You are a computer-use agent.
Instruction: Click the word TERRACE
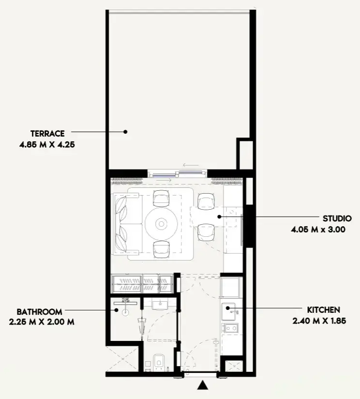click(x=47, y=134)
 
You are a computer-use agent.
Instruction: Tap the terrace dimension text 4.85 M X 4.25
click(x=47, y=145)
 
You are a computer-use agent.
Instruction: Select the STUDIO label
click(x=337, y=218)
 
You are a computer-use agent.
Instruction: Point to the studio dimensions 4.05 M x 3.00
click(x=318, y=230)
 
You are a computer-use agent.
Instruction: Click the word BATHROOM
click(x=39, y=312)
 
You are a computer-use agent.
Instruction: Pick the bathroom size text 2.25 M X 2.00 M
click(x=42, y=322)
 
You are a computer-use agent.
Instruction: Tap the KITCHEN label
click(x=323, y=310)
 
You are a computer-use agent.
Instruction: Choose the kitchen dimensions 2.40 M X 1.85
click(x=319, y=321)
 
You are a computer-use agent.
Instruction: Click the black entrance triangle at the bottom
click(x=203, y=385)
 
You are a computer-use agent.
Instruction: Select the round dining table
click(x=161, y=224)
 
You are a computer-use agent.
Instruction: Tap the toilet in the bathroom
click(x=158, y=362)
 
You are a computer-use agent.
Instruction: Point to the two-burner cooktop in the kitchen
click(x=230, y=328)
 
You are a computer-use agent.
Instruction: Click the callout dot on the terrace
click(x=125, y=132)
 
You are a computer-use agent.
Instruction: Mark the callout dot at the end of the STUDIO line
click(x=219, y=217)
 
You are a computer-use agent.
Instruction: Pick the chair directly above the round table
click(x=161, y=198)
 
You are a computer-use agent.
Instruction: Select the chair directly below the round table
click(x=161, y=250)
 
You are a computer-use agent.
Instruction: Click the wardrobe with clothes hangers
click(x=142, y=283)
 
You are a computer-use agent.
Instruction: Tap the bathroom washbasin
click(x=160, y=304)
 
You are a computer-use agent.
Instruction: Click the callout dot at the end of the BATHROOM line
click(x=116, y=310)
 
